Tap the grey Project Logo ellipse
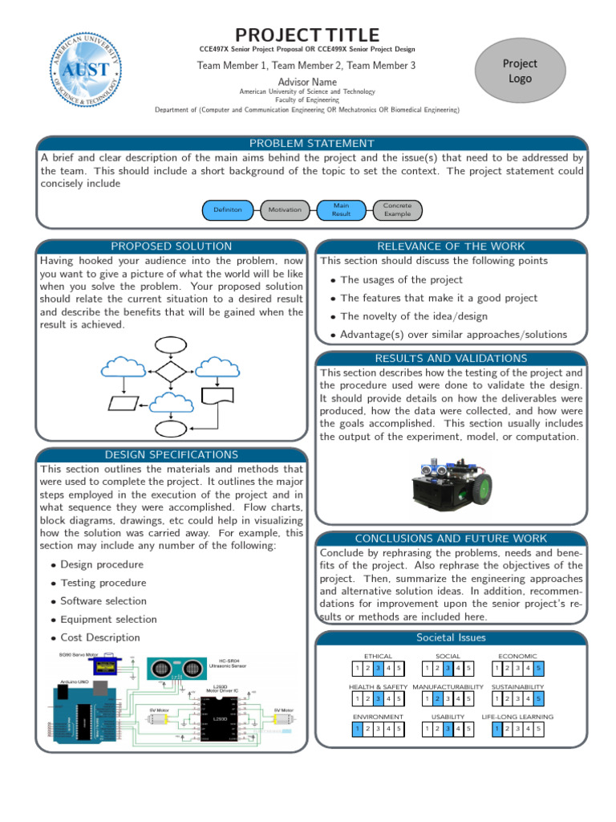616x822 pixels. (519, 71)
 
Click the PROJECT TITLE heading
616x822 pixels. (307, 35)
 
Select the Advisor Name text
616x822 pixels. (307, 82)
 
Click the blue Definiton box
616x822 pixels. (228, 210)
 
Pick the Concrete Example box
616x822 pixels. (397, 210)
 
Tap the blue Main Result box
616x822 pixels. (341, 210)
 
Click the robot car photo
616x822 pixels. (452, 484)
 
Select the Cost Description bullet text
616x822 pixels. (100, 637)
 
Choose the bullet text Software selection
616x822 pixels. (103, 601)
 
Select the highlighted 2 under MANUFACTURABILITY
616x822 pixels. (437, 698)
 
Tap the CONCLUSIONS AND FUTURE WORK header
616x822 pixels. (452, 539)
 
